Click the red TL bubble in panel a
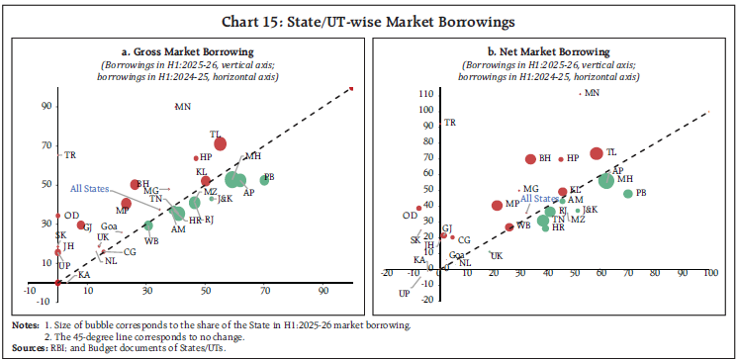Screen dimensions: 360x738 coord(221,143)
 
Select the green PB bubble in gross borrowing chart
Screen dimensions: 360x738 coord(264,180)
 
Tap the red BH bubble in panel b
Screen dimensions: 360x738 coord(531,158)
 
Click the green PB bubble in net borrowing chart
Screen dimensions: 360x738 coord(627,193)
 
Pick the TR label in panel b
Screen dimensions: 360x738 coord(449,123)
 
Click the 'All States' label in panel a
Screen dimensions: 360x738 coord(90,188)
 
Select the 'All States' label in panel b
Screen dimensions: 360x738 coord(512,199)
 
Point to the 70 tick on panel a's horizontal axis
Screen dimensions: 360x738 coord(265,292)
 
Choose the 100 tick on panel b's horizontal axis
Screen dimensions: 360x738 coord(708,273)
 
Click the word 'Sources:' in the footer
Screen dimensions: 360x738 coord(28,349)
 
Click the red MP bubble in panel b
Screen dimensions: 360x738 coord(497,205)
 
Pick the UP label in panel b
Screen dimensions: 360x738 coord(405,294)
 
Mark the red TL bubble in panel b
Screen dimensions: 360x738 coord(596,153)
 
